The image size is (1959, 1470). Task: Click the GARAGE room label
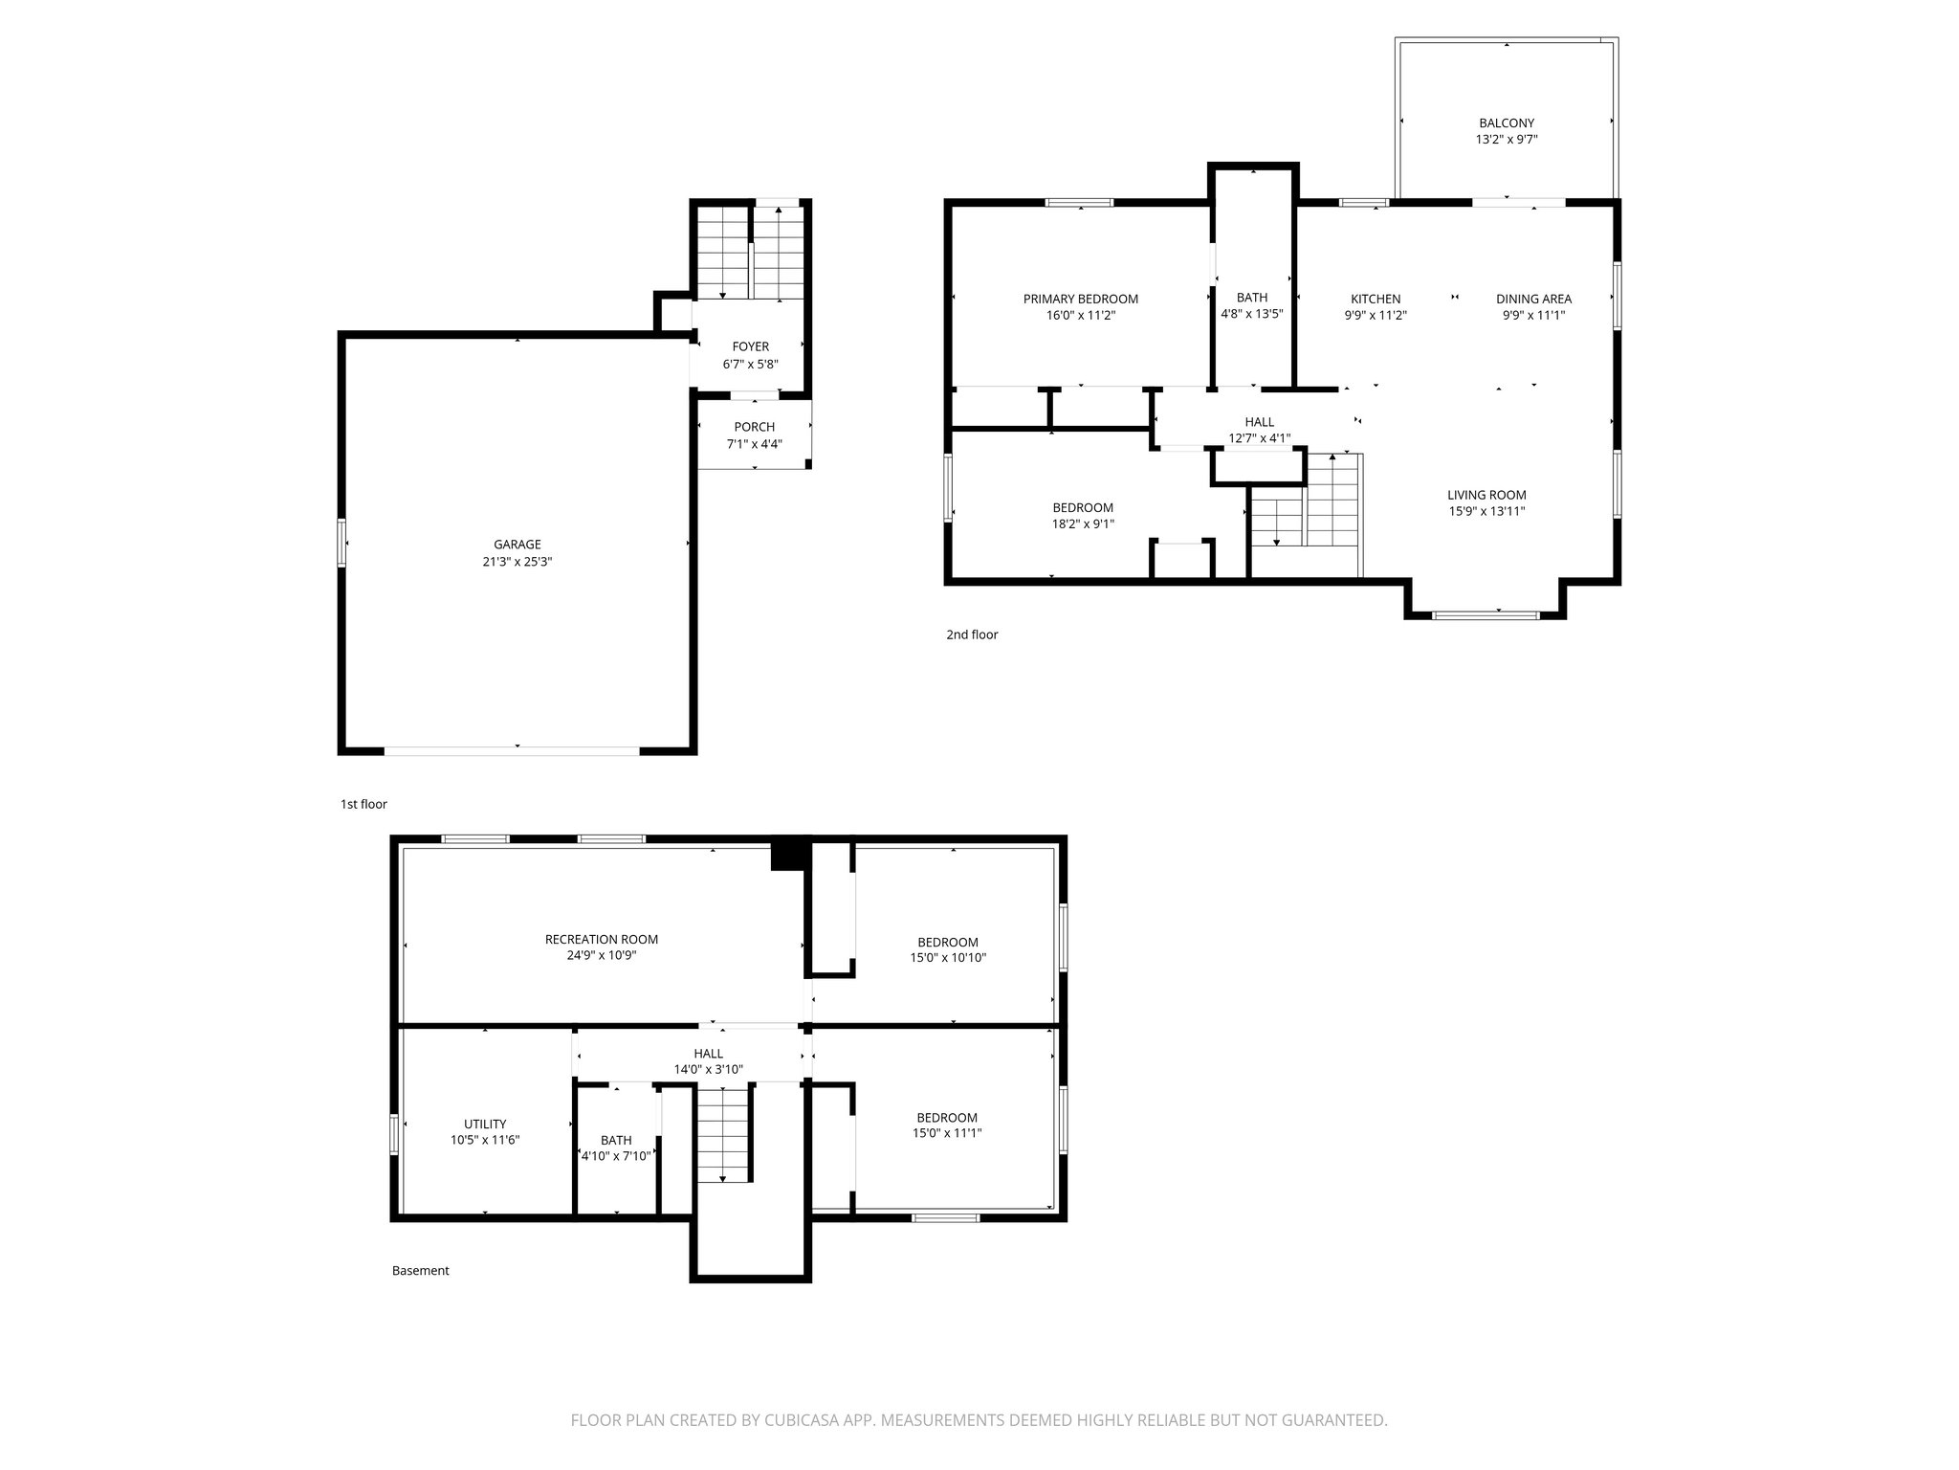tap(517, 545)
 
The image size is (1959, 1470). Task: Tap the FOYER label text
tap(750, 346)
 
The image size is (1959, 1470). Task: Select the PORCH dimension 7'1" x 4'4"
tap(754, 444)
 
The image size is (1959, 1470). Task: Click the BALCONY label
tap(1506, 122)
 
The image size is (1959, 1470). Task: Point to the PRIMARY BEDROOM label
tap(1080, 299)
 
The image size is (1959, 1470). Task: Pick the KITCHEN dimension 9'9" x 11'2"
tap(1375, 315)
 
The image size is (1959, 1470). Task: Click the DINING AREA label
tap(1533, 299)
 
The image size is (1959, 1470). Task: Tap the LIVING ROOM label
tap(1486, 495)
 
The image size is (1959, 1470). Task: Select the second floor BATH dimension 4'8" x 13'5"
tap(1251, 313)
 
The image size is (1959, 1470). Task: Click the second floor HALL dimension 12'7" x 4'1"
tap(1259, 438)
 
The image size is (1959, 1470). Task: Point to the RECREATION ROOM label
tap(601, 939)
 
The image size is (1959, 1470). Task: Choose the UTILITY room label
tap(485, 1124)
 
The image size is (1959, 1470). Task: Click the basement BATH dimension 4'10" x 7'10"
tap(616, 1156)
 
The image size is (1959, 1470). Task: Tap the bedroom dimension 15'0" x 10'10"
tap(947, 957)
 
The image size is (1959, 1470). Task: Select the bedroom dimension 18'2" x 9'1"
tap(1083, 523)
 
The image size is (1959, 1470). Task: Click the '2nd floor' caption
tap(972, 635)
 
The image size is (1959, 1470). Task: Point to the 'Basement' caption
tap(420, 1271)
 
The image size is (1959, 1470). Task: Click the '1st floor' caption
tap(363, 805)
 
